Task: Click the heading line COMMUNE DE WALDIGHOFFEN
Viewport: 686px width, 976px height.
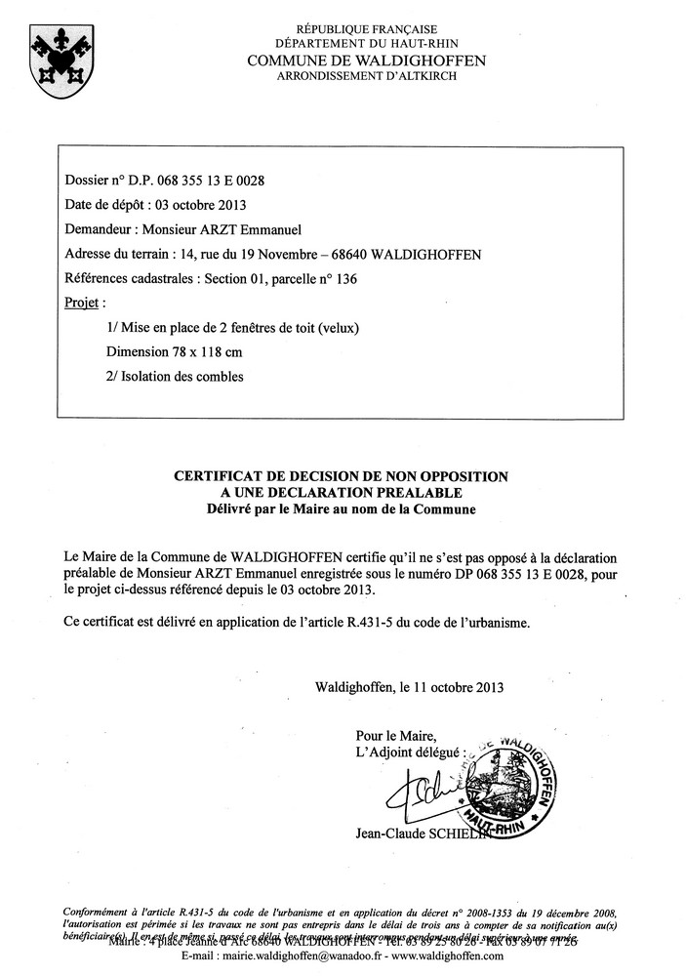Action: coord(365,61)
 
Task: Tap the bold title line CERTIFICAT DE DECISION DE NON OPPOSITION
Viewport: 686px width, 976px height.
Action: coord(341,476)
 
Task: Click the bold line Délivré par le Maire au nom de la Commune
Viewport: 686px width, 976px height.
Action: coord(341,508)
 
